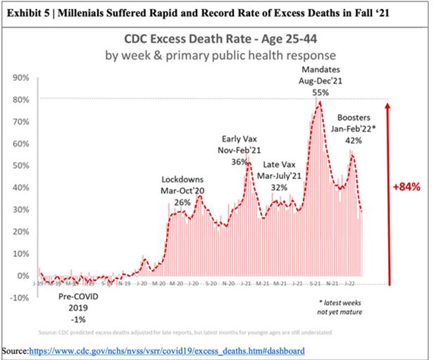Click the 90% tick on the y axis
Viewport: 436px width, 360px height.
click(20, 77)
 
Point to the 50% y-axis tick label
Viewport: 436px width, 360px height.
click(20, 166)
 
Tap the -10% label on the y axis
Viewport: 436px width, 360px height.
click(19, 297)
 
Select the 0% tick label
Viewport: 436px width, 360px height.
click(23, 275)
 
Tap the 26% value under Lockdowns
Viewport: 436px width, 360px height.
click(183, 202)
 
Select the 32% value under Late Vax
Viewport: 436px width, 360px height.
click(280, 187)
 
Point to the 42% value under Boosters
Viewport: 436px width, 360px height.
click(353, 139)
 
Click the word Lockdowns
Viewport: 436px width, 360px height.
click(183, 180)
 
